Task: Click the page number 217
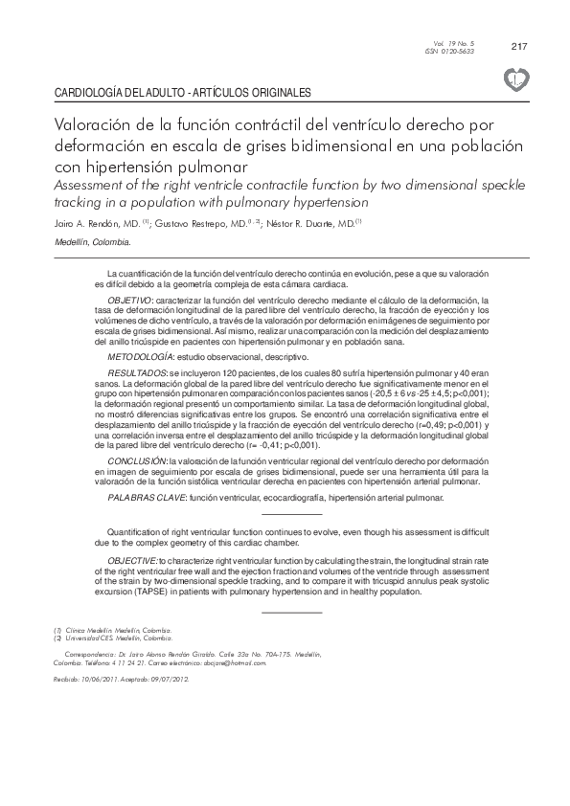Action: click(x=520, y=46)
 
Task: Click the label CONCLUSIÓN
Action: click(x=136, y=461)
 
